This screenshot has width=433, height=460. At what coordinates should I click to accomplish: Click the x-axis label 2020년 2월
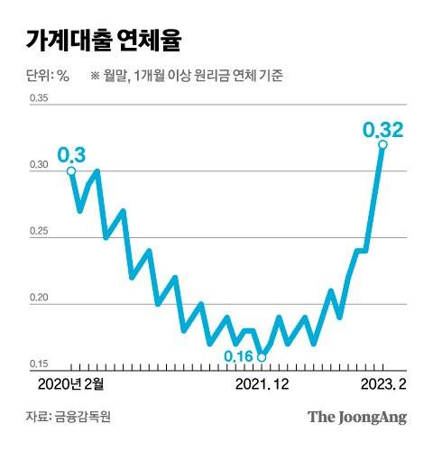coord(71,383)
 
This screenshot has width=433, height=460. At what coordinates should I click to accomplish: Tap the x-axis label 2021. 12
coord(262,383)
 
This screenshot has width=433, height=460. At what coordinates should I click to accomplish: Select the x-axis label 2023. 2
coord(383,383)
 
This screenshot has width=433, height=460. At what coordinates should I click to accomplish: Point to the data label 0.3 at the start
coord(70,154)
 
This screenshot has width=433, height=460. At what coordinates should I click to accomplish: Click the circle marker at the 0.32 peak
coord(382,144)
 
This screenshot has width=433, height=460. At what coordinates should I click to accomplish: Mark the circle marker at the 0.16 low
coord(262,357)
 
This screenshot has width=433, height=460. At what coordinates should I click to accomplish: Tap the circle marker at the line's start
coord(71,170)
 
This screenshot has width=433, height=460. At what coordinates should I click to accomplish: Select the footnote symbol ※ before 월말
coord(95,76)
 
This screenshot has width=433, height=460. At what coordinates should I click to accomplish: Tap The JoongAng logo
coord(357,417)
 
